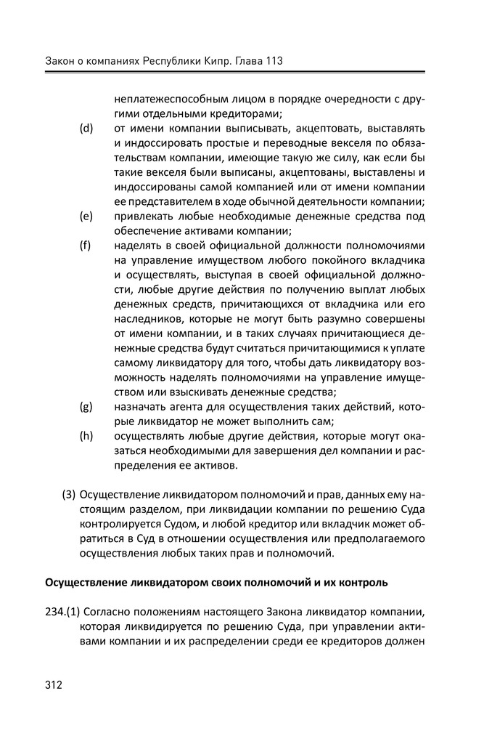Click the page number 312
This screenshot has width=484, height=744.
click(x=54, y=684)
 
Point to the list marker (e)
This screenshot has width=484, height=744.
click(x=87, y=217)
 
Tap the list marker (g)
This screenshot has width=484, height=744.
click(x=87, y=406)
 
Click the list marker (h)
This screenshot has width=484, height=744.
click(x=87, y=436)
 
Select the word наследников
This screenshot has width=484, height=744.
click(x=146, y=319)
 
